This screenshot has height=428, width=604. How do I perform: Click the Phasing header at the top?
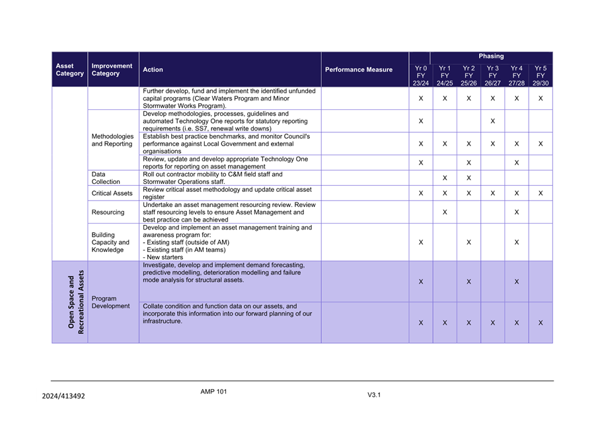coord(491,56)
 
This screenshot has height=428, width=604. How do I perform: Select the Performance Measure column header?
coord(358,69)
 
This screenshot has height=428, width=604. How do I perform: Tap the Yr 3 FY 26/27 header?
coord(492,75)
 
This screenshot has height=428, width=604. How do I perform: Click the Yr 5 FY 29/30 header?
coord(541,75)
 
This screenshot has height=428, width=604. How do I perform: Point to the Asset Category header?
coord(69,69)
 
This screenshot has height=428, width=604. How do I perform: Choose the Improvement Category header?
coord(112,69)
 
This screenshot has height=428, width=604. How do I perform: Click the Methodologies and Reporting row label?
coord(112,140)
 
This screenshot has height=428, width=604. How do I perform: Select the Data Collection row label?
coord(106,177)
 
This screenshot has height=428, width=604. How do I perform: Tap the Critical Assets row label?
coord(112,193)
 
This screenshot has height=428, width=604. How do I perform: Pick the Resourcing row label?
coord(108,212)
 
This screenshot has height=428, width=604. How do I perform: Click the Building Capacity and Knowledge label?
coord(110,242)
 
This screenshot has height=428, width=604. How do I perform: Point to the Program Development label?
coord(110,302)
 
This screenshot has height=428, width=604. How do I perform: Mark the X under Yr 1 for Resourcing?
coord(445,212)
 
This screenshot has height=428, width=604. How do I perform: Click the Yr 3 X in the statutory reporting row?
coord(492,122)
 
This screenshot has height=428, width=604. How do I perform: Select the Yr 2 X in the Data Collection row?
coord(469,178)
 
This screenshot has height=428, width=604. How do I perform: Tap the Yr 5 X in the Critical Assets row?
coord(541,193)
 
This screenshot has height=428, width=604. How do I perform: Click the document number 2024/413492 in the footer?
coord(63,396)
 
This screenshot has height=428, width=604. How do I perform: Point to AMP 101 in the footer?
coord(213,392)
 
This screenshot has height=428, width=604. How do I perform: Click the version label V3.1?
coord(374,395)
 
